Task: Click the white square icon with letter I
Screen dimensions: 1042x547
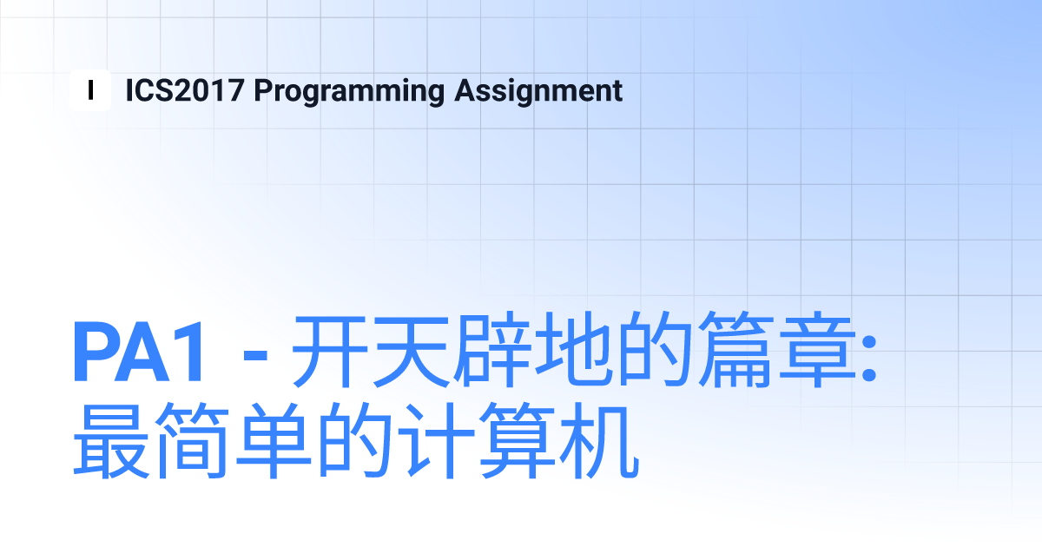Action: pyautogui.click(x=90, y=90)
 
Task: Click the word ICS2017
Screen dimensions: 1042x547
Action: pyautogui.click(x=185, y=90)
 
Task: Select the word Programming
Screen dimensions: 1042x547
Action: pyautogui.click(x=349, y=92)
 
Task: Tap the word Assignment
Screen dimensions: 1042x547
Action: pyautogui.click(x=538, y=92)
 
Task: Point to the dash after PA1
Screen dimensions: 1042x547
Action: pyautogui.click(x=255, y=356)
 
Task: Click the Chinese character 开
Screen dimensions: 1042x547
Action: pyautogui.click(x=329, y=351)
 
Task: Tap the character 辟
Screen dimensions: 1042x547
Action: pyautogui.click(x=492, y=350)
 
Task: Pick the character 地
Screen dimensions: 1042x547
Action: pyautogui.click(x=574, y=350)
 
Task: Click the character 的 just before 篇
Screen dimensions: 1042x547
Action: pyautogui.click(x=655, y=350)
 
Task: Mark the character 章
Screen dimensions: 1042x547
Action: pyautogui.click(x=818, y=350)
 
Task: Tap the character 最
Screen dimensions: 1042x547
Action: pyautogui.click(x=112, y=441)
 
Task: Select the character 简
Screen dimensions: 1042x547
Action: pyautogui.click(x=193, y=440)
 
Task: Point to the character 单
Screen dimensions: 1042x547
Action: pyautogui.click(x=274, y=441)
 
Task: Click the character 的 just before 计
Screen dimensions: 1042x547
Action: pyautogui.click(x=355, y=441)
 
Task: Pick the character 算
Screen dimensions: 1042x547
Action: pyautogui.click(x=518, y=440)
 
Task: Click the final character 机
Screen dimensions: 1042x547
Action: pyautogui.click(x=599, y=441)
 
